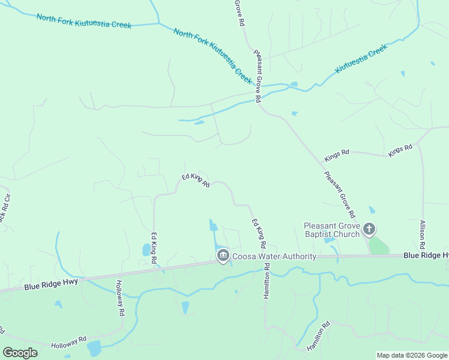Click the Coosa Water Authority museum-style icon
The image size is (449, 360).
tap(223, 256)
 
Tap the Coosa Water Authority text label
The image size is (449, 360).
tap(274, 257)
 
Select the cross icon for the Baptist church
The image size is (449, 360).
tap(369, 229)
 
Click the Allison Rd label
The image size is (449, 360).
tap(423, 235)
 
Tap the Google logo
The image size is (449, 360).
tap(20, 353)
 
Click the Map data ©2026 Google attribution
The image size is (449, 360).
tap(412, 355)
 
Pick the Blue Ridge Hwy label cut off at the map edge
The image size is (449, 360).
tap(426, 255)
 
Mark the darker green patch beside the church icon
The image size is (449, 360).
tap(378, 245)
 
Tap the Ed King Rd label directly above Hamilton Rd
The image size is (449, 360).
tap(259, 234)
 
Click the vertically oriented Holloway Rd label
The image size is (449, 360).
tap(121, 298)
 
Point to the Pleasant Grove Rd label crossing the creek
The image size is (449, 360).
tap(257, 76)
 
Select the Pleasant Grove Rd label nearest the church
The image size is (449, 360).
tap(340, 194)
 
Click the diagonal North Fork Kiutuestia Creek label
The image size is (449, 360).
tap(212, 55)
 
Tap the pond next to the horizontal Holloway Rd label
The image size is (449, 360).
tap(94, 348)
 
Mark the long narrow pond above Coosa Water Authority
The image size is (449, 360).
tap(213, 226)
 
